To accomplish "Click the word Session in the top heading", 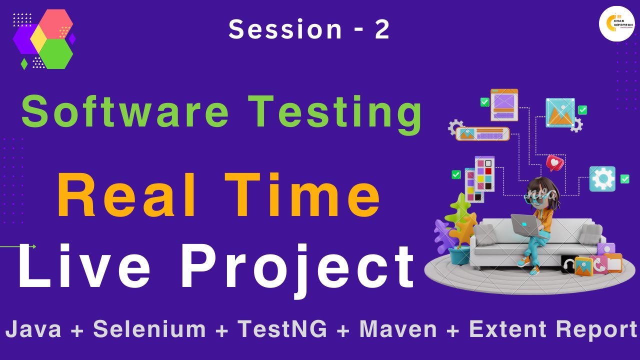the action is [285, 29].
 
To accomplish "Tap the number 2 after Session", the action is [382, 29].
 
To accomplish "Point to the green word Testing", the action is [335, 114].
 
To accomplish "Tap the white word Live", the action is [84, 265].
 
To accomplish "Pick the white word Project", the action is [297, 270].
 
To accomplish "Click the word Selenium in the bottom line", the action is [149, 329].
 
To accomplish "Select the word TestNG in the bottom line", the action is [282, 329].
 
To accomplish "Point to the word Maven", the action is [398, 329].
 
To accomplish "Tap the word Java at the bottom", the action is [33, 329].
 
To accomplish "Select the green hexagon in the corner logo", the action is [56, 53].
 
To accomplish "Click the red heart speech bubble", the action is [554, 163].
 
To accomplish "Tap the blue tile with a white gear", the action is [602, 179].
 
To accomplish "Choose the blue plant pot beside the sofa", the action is [459, 255].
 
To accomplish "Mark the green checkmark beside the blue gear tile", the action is [624, 179].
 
